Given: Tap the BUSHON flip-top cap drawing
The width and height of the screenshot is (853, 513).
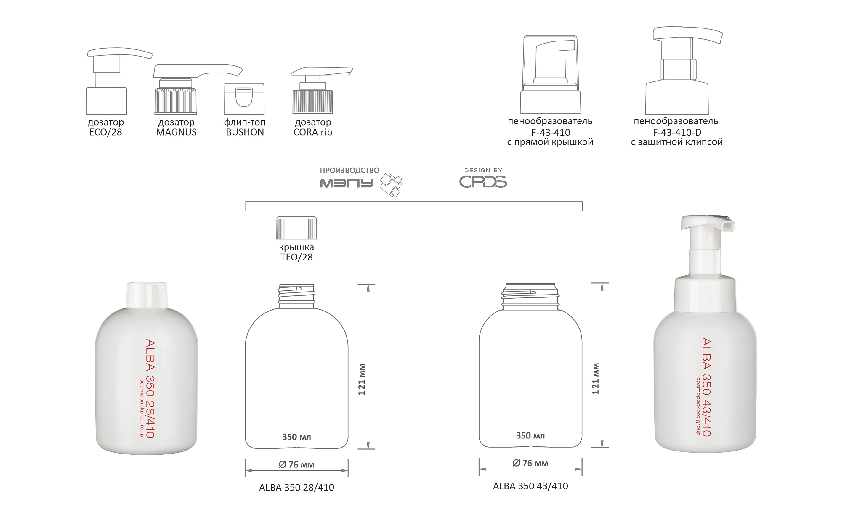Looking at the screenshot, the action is [244, 99].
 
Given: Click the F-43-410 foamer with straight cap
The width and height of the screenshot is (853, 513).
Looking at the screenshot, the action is [551, 74].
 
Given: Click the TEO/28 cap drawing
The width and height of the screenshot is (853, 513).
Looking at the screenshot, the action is [296, 228].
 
